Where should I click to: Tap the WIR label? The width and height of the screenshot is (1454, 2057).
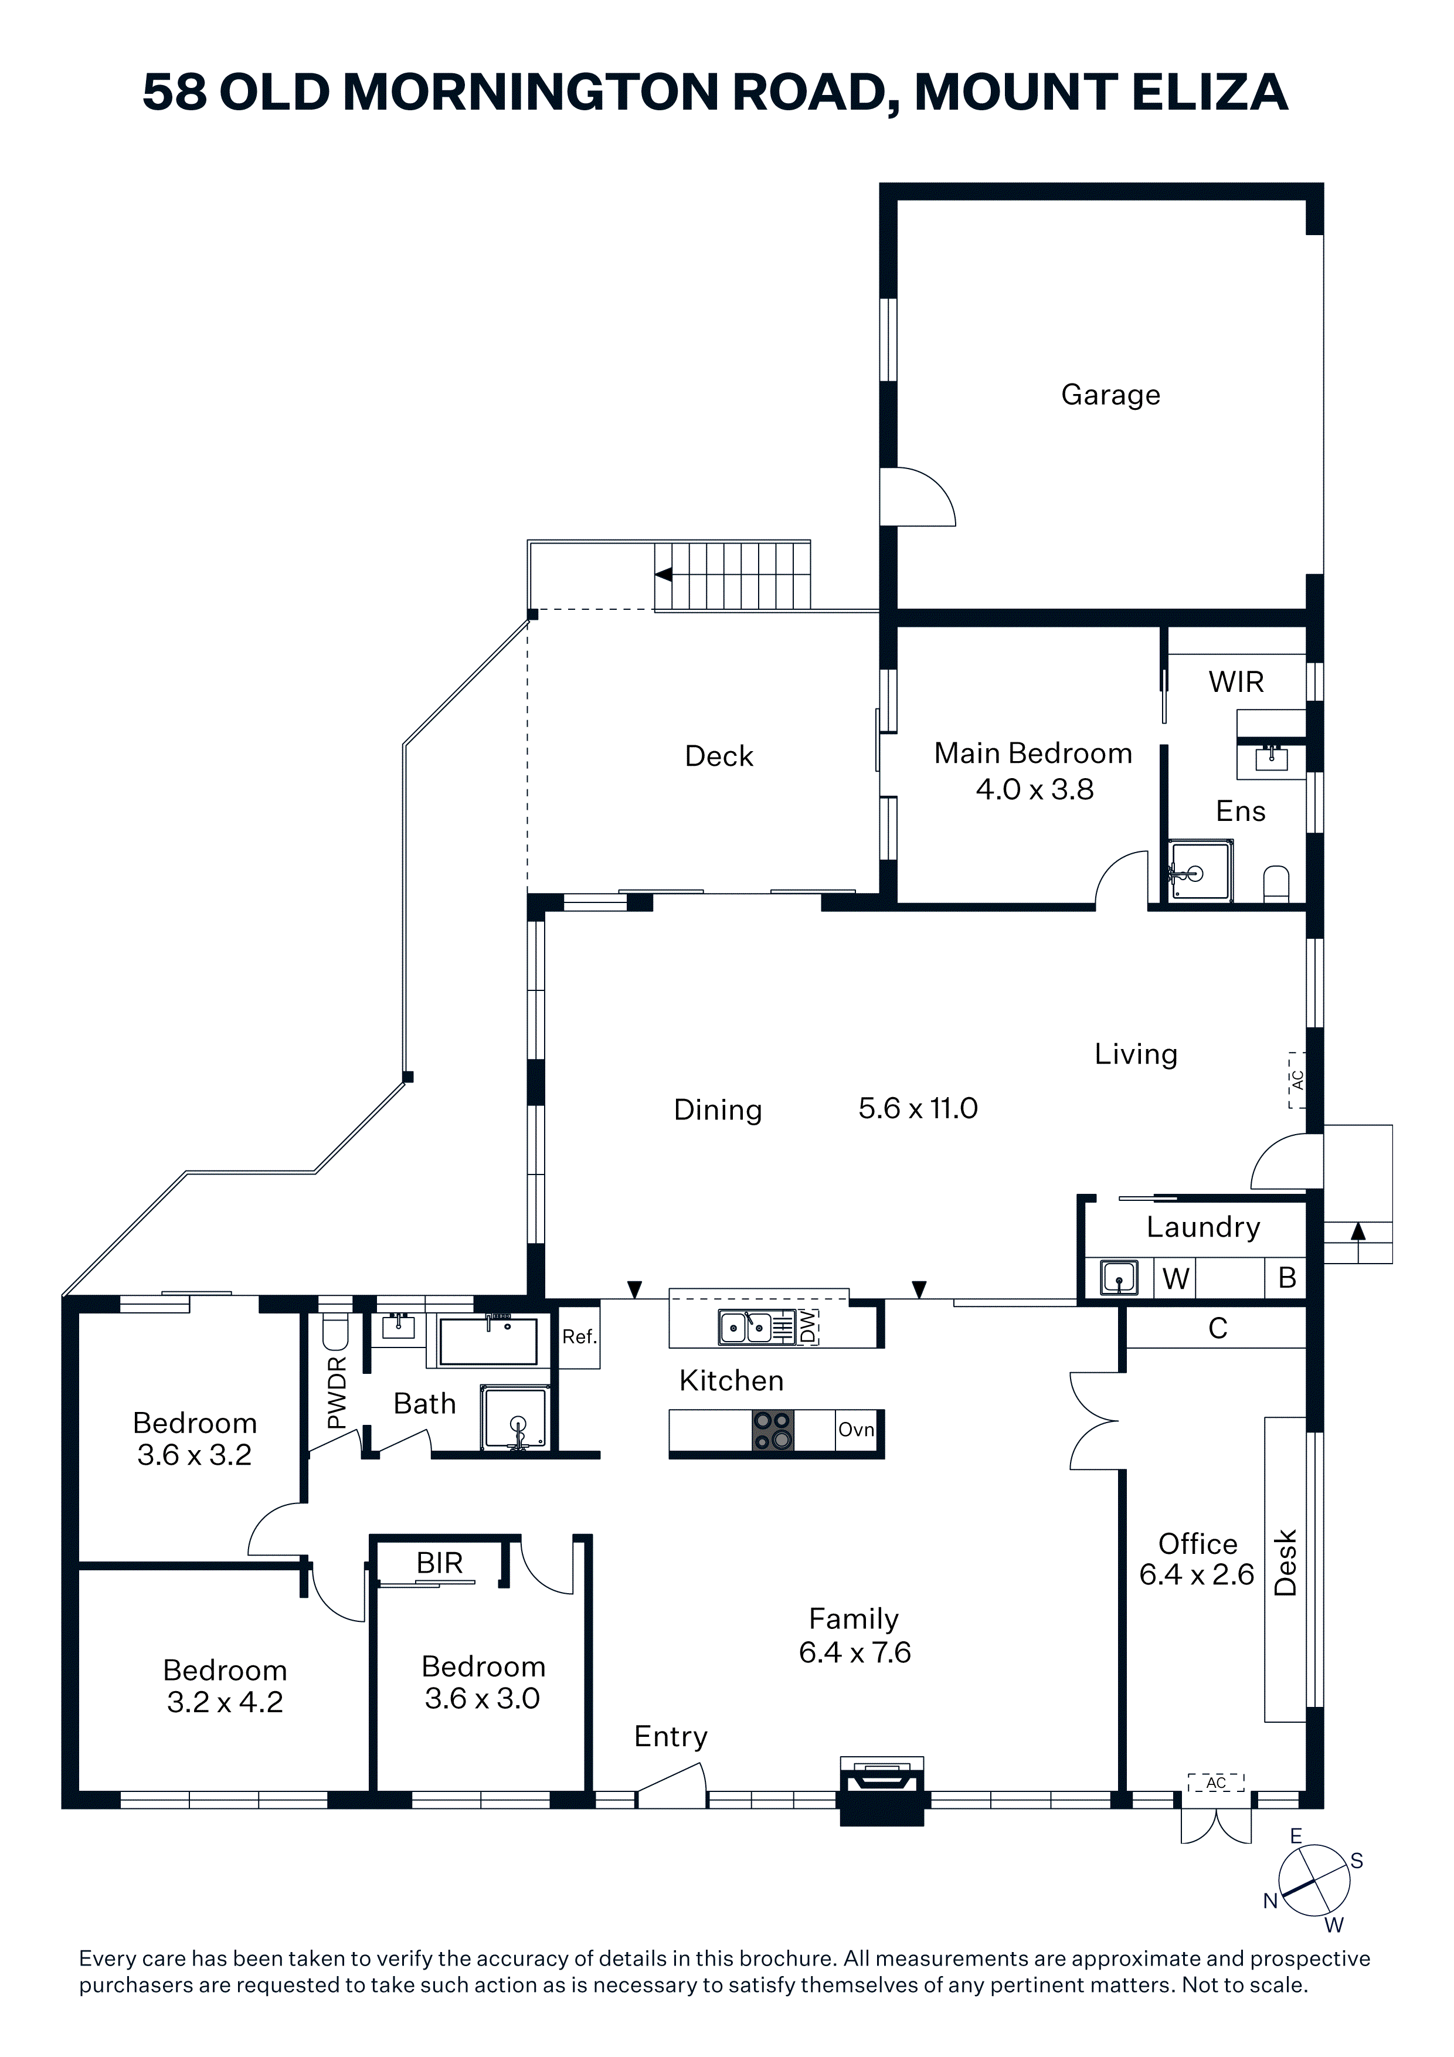[x=1236, y=682]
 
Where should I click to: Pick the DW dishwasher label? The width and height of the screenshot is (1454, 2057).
[x=809, y=1327]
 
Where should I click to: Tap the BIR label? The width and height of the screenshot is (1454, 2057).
[x=439, y=1563]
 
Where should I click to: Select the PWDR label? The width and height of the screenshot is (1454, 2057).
[x=336, y=1392]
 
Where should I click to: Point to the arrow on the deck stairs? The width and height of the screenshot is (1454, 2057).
[x=663, y=574]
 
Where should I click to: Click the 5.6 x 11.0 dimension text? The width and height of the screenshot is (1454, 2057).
[x=918, y=1108]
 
